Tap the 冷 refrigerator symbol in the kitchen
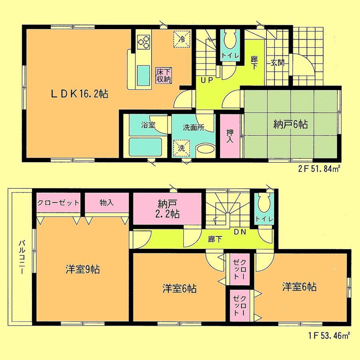(182, 39)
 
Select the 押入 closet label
(230, 136)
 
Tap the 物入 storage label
(107, 202)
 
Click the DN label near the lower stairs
(240, 232)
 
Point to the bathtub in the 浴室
(145, 146)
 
